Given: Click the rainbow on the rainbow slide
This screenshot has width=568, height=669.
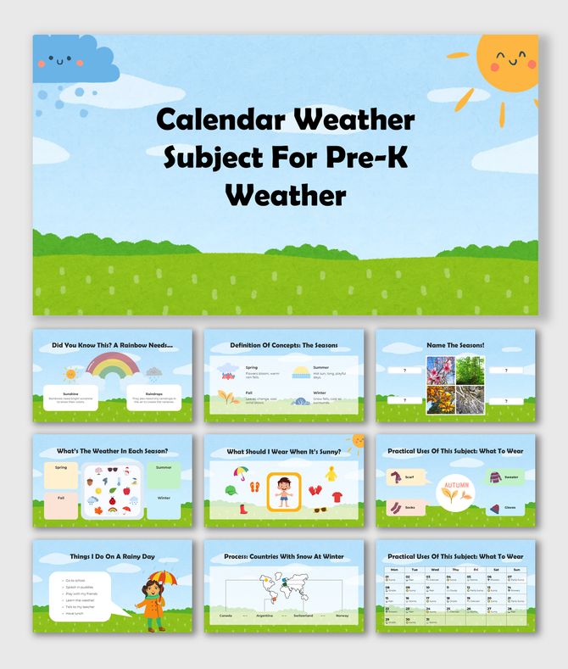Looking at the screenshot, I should click(113, 367).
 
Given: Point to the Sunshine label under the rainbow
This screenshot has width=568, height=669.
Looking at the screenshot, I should click(71, 393).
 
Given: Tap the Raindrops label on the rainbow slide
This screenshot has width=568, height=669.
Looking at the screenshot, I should click(153, 393).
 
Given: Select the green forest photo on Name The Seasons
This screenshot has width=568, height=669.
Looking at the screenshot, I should click(471, 371).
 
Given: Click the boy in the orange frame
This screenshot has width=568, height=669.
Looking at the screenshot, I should click(284, 492).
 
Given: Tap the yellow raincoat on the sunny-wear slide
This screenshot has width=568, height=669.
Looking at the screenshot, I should click(331, 472).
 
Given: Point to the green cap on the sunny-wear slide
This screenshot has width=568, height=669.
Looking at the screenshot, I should click(230, 489).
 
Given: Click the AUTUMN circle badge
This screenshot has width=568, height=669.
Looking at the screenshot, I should click(454, 493).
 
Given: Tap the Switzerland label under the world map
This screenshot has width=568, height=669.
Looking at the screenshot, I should click(303, 615).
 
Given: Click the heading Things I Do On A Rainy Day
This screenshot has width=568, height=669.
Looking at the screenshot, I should click(112, 556).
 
